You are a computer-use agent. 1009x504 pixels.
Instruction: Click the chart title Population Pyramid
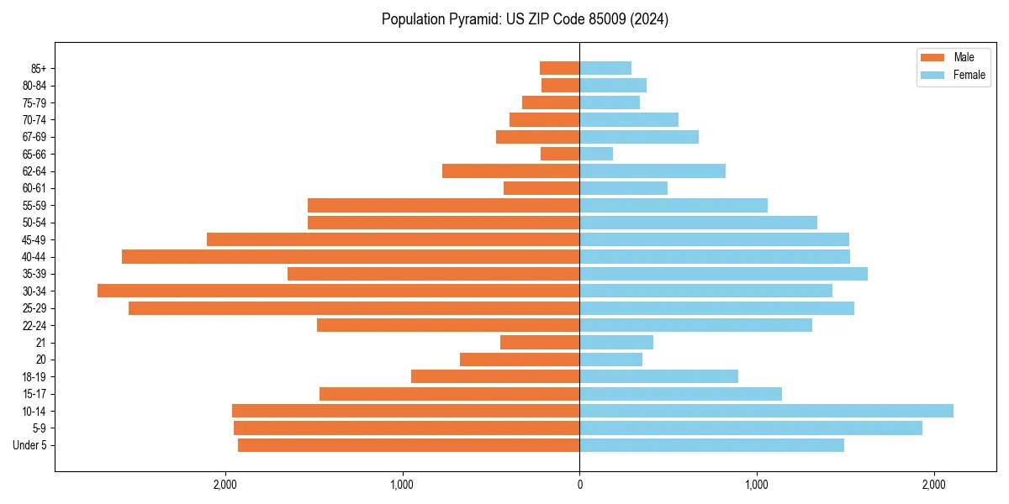(x=525, y=19)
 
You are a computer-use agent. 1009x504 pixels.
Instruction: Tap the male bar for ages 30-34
(x=338, y=291)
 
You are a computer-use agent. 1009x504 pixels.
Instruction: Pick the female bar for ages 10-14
(x=766, y=411)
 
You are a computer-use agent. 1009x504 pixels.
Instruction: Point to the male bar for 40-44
(x=351, y=256)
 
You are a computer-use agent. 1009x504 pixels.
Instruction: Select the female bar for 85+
(x=605, y=68)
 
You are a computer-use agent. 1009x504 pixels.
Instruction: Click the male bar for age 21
(x=540, y=342)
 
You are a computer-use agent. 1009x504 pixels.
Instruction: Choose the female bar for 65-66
(x=596, y=154)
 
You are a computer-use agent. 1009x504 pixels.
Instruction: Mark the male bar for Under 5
(x=409, y=445)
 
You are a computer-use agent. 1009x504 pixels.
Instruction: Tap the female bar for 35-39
(x=723, y=274)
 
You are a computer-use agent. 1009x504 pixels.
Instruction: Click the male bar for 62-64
(x=510, y=171)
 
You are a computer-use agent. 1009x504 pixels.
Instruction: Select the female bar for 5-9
(x=751, y=428)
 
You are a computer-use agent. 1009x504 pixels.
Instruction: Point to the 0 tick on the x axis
(x=579, y=485)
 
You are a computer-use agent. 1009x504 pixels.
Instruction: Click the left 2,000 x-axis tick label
(x=225, y=485)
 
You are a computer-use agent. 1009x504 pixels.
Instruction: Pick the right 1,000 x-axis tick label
(x=757, y=485)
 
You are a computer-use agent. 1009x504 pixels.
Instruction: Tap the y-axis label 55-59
(x=34, y=206)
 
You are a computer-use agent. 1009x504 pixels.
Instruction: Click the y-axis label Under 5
(x=30, y=445)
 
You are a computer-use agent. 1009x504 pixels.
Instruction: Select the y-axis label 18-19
(x=34, y=376)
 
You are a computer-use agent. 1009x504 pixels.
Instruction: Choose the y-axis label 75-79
(x=34, y=102)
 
